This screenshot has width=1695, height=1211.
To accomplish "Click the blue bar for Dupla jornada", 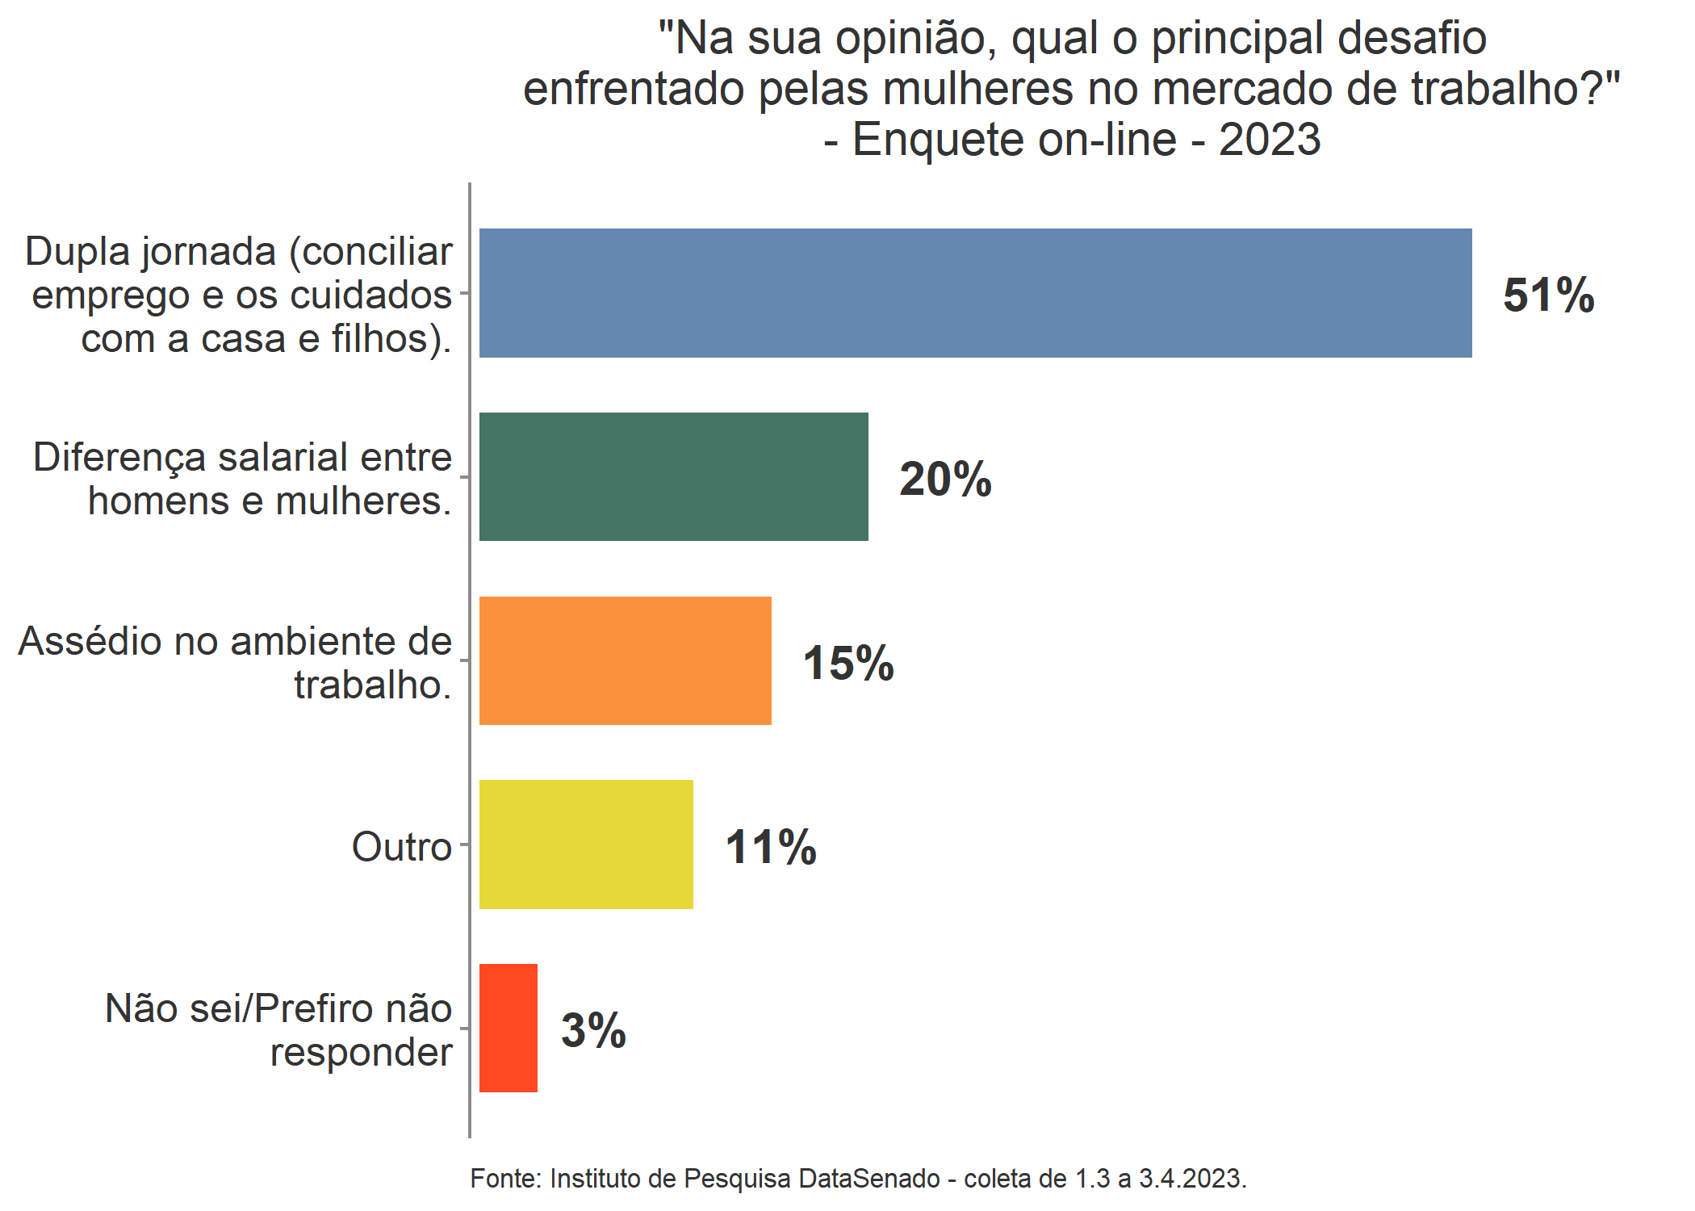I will tap(975, 293).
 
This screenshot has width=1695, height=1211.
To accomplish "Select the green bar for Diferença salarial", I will tap(673, 477).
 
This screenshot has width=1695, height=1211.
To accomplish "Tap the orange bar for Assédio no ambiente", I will tap(625, 660).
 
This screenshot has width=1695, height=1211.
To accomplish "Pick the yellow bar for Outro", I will tap(586, 844).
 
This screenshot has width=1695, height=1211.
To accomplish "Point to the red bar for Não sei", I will tap(508, 1028).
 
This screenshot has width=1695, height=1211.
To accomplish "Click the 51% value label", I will tap(1548, 295).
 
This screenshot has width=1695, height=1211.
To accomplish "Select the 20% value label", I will tap(945, 479).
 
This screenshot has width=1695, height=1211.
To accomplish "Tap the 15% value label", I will tap(848, 663).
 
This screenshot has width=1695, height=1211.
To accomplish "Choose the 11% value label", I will tap(771, 847).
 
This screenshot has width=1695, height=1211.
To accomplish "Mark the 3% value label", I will tap(593, 1030).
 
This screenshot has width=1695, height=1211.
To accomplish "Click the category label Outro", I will tap(401, 847).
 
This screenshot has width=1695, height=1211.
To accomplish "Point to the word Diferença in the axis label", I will tap(119, 458).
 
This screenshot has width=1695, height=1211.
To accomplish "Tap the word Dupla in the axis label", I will tap(77, 252).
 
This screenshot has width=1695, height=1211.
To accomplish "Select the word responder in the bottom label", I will tap(361, 1052).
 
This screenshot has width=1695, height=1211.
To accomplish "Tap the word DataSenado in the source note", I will tap(869, 1179).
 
